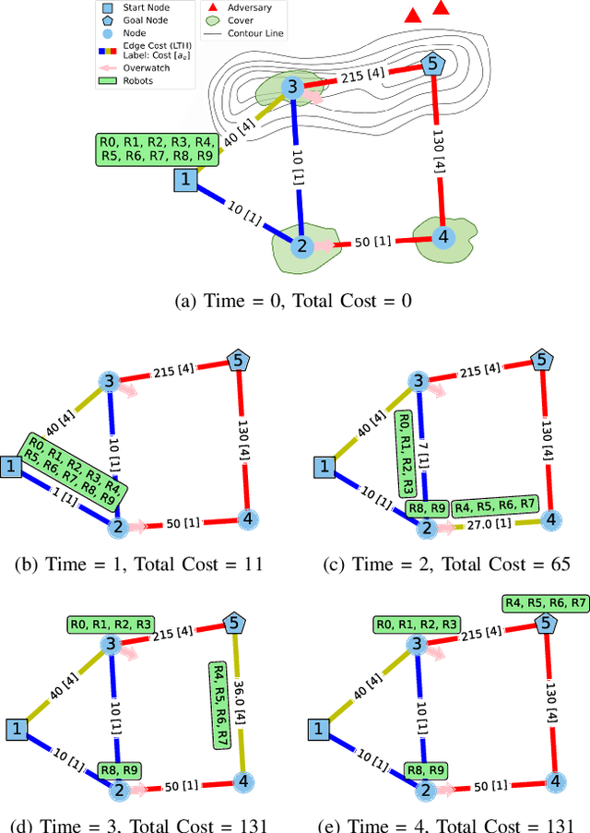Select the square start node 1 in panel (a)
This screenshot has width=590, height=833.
(186, 180)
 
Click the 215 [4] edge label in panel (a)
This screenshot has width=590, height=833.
(365, 77)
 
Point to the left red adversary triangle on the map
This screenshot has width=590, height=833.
(414, 16)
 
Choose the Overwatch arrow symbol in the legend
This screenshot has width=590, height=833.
(109, 67)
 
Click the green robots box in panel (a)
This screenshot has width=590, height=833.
(158, 149)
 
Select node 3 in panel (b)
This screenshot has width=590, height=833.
(109, 381)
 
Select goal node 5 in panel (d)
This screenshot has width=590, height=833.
(234, 624)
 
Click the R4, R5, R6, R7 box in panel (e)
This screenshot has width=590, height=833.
(545, 602)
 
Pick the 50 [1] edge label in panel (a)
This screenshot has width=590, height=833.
(372, 243)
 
